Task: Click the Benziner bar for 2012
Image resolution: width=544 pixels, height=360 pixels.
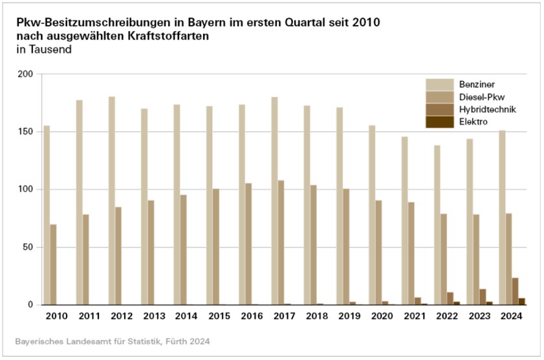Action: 112,200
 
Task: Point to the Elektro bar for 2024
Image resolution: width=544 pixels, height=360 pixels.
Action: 522,301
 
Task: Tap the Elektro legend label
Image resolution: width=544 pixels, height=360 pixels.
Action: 473,122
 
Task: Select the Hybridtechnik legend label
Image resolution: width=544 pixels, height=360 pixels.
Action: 487,109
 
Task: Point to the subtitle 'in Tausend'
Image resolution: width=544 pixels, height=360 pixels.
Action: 43,48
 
